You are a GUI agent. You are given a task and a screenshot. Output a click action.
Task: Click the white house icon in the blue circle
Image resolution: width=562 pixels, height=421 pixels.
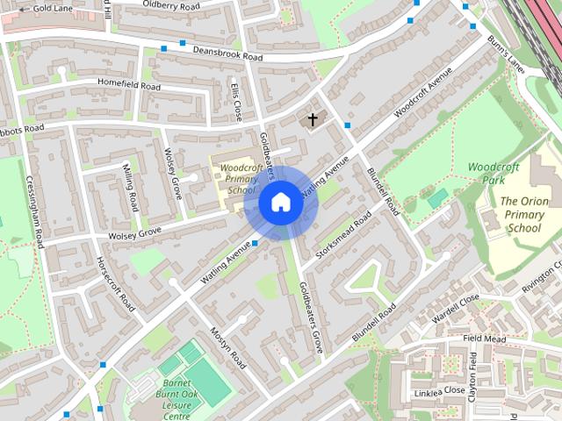280,203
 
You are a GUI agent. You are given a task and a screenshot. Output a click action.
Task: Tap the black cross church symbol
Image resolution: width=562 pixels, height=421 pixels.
312,119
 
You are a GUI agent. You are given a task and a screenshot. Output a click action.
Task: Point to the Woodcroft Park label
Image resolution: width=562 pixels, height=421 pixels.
518,172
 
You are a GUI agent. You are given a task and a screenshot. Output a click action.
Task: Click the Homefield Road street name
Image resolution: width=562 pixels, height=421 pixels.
130,86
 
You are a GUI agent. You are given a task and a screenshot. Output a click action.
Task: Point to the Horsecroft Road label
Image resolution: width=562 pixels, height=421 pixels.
114,284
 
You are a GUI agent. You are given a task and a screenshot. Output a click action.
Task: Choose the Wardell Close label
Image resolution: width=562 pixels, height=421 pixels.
457,303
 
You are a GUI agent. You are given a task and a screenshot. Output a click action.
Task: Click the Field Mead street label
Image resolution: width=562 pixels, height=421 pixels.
486,338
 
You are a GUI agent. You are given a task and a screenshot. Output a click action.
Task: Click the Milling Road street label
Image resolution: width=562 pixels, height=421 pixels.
130,187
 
